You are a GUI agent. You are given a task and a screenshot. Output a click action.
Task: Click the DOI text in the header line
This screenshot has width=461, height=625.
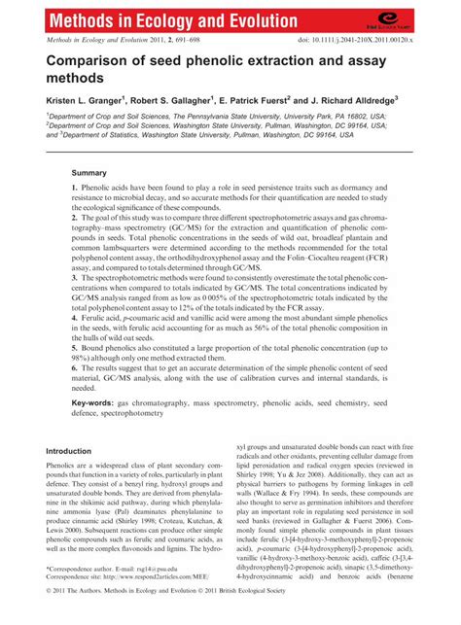(366, 42)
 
